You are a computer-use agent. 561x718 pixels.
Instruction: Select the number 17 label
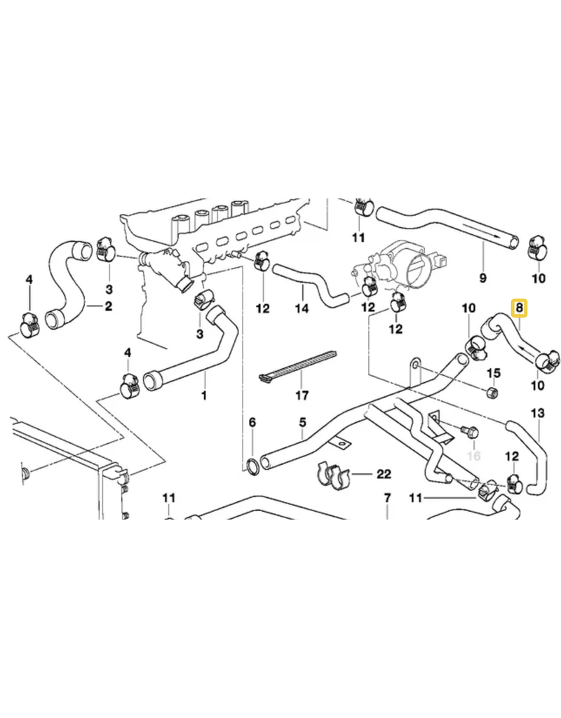coord(302,395)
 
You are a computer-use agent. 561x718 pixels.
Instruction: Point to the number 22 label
coord(383,474)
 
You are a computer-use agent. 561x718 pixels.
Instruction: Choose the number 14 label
coord(302,309)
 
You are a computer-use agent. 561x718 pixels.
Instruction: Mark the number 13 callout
coord(537,414)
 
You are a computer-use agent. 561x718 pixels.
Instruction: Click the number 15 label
coord(493,372)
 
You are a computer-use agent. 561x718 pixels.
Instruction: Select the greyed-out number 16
coord(474,456)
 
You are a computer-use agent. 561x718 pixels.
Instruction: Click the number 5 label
coord(302,422)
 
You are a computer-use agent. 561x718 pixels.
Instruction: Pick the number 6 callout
coord(252,422)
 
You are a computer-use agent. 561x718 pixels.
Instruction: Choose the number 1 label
coord(204,395)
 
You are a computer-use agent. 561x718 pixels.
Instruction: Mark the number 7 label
coord(386,499)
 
